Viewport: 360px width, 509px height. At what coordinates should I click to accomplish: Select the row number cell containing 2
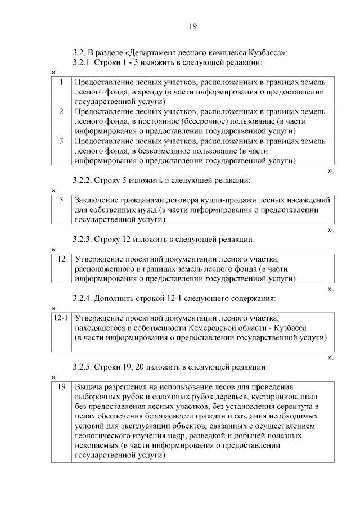(61, 111)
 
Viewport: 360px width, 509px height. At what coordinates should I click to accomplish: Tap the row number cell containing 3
(61, 141)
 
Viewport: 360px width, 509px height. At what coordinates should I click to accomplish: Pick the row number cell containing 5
(61, 200)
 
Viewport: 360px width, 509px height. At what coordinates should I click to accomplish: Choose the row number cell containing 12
(61, 259)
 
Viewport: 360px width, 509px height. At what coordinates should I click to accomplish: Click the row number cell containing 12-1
(61, 318)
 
